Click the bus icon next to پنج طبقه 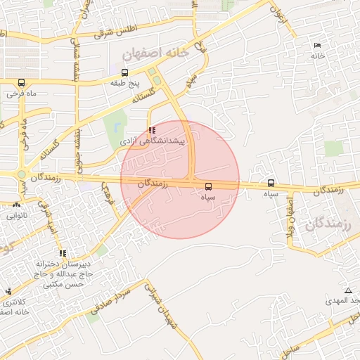(x=124, y=72)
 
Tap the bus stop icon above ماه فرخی (x=21, y=82)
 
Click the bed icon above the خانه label (x=318, y=46)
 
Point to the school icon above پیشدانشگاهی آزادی (x=153, y=130)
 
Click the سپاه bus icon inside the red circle (x=208, y=187)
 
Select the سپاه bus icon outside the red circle (x=271, y=184)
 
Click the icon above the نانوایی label (x=15, y=205)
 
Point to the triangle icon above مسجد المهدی (x=348, y=290)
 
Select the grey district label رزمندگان (x=329, y=225)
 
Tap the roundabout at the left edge (x=22, y=175)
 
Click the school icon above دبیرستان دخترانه (x=63, y=253)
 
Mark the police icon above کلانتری (x=8, y=291)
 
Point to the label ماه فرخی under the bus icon (x=22, y=93)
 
